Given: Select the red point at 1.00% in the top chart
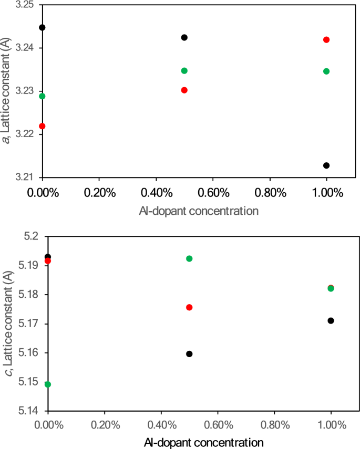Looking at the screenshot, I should click(326, 39).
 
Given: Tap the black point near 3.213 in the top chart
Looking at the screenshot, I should click(326, 165).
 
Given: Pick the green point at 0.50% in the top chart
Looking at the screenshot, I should click(184, 70).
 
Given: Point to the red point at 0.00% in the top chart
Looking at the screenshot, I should click(42, 126).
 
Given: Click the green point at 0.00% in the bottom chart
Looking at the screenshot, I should click(48, 384).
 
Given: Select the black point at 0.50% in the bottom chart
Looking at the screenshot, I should click(189, 354).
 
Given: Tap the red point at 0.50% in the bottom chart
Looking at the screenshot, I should click(189, 307).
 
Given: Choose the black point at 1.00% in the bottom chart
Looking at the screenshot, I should click(331, 320).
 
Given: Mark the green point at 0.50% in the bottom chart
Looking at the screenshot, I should click(189, 258).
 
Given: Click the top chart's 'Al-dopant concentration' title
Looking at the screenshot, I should click(199, 211).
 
